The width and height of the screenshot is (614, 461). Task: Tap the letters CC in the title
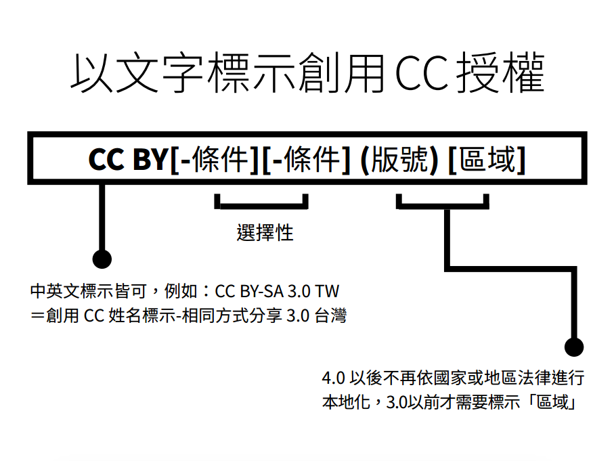(420, 74)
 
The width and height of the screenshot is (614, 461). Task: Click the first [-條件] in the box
(213, 160)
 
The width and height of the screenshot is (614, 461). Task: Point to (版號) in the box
(400, 160)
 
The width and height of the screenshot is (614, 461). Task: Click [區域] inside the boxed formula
(487, 160)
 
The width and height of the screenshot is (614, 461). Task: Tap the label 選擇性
(265, 232)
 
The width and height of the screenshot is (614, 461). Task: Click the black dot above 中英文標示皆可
(102, 258)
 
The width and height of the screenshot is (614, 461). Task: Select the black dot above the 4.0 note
(573, 347)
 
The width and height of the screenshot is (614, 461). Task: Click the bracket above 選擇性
(261, 202)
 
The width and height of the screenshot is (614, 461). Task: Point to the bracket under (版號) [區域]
(443, 202)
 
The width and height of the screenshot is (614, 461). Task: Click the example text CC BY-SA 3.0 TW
(276, 292)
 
